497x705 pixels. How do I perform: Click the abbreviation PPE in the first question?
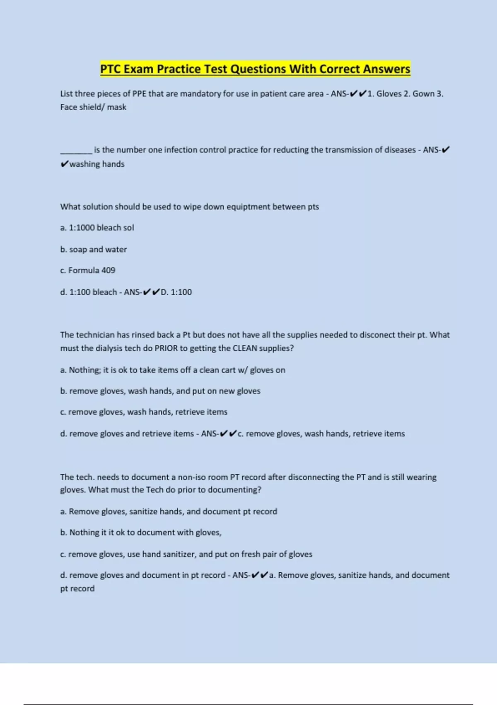pos(140,94)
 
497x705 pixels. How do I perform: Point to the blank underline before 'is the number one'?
pos(76,150)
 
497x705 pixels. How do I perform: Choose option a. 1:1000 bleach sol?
pos(97,228)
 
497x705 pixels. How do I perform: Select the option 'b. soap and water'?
pos(94,250)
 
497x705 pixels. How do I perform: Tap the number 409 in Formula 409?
pos(108,270)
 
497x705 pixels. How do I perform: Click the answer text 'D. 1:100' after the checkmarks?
pos(176,292)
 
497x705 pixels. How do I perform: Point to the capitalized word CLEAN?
pos(244,348)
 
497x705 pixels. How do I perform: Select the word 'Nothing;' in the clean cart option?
pos(84,370)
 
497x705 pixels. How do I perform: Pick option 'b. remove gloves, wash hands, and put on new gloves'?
pos(160,391)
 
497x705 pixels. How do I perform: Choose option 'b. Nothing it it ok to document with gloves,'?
pos(141,532)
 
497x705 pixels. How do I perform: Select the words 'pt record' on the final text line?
pos(77,588)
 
